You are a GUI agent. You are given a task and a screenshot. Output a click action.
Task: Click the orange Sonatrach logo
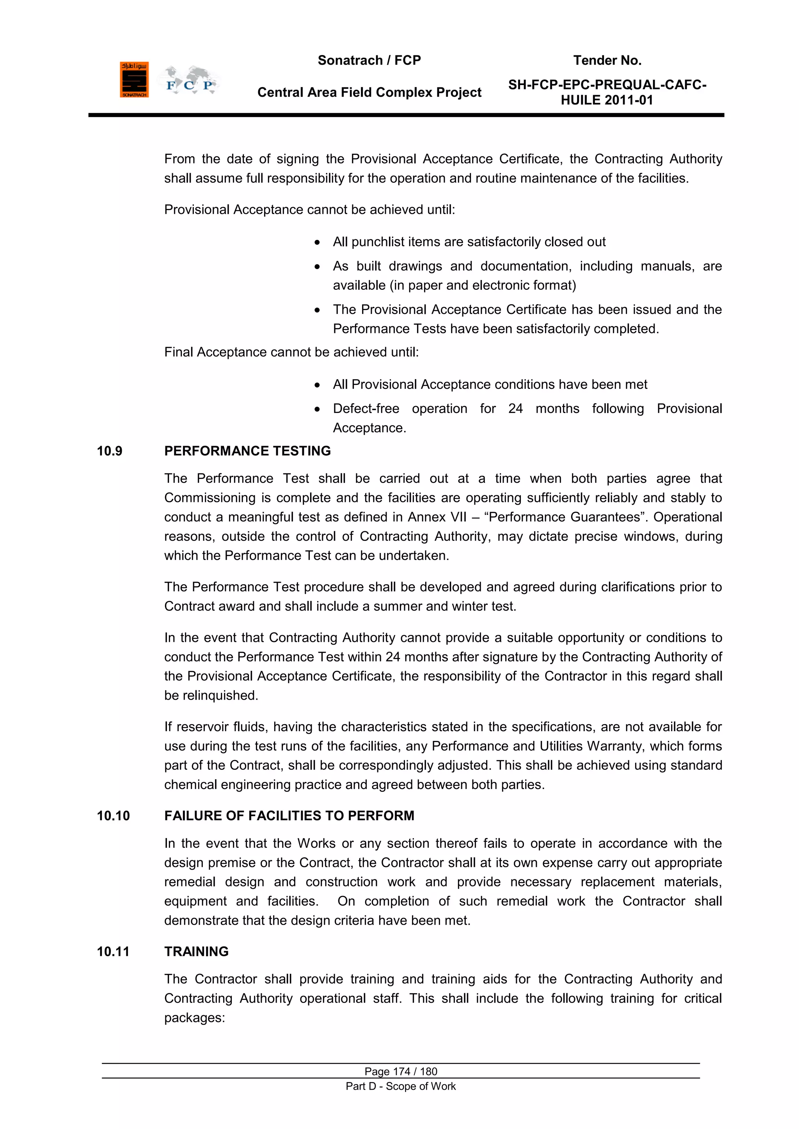[x=134, y=80]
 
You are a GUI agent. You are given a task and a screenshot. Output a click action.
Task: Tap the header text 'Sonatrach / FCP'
[x=369, y=60]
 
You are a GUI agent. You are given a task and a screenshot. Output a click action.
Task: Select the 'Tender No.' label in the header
[x=607, y=60]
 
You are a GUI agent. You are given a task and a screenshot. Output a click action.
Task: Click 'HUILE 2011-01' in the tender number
[x=607, y=100]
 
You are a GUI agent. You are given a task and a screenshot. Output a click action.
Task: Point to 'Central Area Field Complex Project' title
[x=369, y=92]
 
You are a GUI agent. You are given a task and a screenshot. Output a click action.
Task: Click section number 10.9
[x=109, y=451]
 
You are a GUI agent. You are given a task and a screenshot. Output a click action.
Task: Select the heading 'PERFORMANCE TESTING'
[x=247, y=451]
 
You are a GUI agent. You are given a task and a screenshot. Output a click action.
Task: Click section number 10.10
[x=113, y=816]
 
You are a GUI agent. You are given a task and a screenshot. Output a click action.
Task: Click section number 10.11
[x=113, y=952]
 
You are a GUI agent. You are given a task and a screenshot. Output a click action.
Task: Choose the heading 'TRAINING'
[x=196, y=952]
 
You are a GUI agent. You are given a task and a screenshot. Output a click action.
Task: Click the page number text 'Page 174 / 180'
[x=401, y=1071]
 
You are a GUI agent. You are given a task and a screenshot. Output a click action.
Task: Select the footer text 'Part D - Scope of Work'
[x=401, y=1086]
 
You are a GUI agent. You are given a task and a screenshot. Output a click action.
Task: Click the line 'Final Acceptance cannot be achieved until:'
[x=291, y=352]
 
